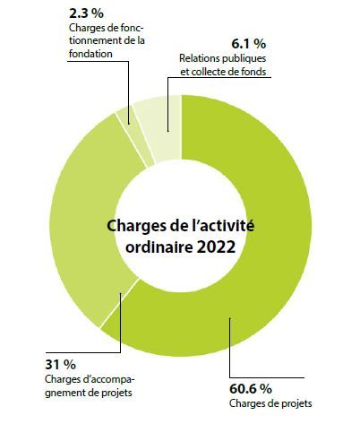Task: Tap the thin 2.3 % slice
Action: click(135, 134)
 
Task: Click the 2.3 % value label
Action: click(86, 13)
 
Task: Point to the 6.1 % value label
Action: click(248, 44)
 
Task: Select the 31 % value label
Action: click(60, 365)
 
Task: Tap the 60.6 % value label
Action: click(251, 389)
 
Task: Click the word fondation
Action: click(90, 54)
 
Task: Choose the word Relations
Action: click(199, 58)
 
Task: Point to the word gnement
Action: click(65, 393)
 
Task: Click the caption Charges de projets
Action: click(270, 403)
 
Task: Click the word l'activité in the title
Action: click(221, 225)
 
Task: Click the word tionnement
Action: click(94, 40)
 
